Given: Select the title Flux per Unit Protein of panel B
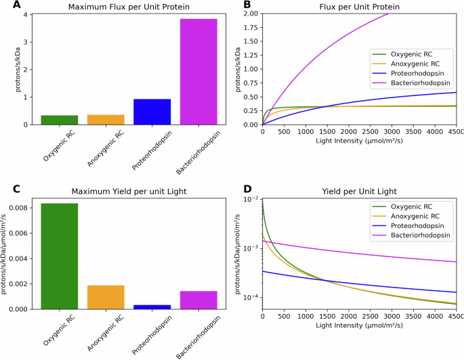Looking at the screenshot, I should pyautogui.click(x=360, y=7).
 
